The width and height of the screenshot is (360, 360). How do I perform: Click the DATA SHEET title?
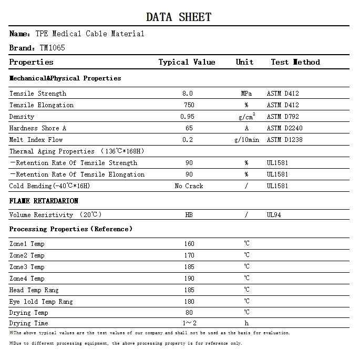pyautogui.click(x=179, y=17)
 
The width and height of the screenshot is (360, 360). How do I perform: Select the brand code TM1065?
pyautogui.click(x=53, y=48)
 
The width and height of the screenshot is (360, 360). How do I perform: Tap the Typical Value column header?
pyautogui.click(x=187, y=62)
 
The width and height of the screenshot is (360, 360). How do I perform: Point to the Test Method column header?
pyautogui.click(x=295, y=62)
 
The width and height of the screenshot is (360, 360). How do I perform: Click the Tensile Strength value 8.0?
pyautogui.click(x=188, y=94)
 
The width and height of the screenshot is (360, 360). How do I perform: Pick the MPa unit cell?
pyautogui.click(x=246, y=94)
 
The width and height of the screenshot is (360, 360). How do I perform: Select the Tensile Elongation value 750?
pyautogui.click(x=189, y=105)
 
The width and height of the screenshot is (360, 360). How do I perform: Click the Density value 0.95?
pyautogui.click(x=187, y=117)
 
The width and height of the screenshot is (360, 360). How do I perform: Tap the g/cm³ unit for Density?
pyautogui.click(x=246, y=116)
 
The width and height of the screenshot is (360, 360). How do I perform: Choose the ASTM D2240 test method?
pyautogui.click(x=285, y=128)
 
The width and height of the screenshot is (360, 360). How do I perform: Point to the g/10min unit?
pyautogui.click(x=246, y=140)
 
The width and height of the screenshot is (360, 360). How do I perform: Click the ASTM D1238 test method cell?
pyautogui.click(x=285, y=140)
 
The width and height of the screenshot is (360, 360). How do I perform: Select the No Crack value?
pyautogui.click(x=189, y=186)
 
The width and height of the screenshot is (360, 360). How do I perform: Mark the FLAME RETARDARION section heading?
pyautogui.click(x=44, y=201)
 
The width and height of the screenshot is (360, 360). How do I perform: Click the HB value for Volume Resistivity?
pyautogui.click(x=189, y=215)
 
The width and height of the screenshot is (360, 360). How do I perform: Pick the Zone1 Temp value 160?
pyautogui.click(x=189, y=244)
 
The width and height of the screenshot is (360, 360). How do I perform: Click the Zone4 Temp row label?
pyautogui.click(x=27, y=279)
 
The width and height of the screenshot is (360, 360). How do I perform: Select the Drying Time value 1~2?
pyautogui.click(x=189, y=323)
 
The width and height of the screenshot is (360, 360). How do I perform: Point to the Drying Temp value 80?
pyautogui.click(x=189, y=313)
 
